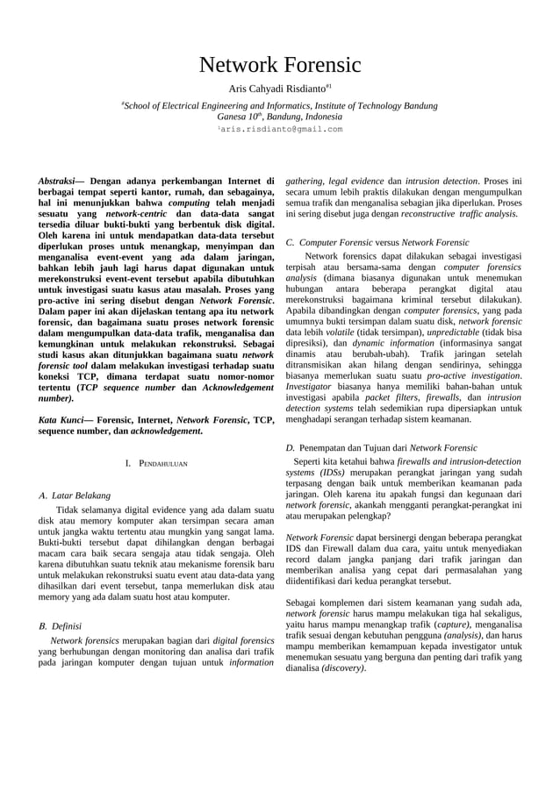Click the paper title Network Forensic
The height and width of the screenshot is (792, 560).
click(x=280, y=65)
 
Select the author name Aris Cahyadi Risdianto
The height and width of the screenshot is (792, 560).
click(x=276, y=89)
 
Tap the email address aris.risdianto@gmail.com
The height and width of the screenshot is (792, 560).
click(x=282, y=129)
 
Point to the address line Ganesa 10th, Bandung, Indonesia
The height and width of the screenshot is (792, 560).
click(x=279, y=117)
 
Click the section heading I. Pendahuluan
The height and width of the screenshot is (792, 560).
click(x=156, y=461)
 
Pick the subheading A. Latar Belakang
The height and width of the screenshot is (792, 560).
click(x=75, y=496)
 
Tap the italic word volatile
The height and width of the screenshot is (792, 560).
click(x=339, y=333)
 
